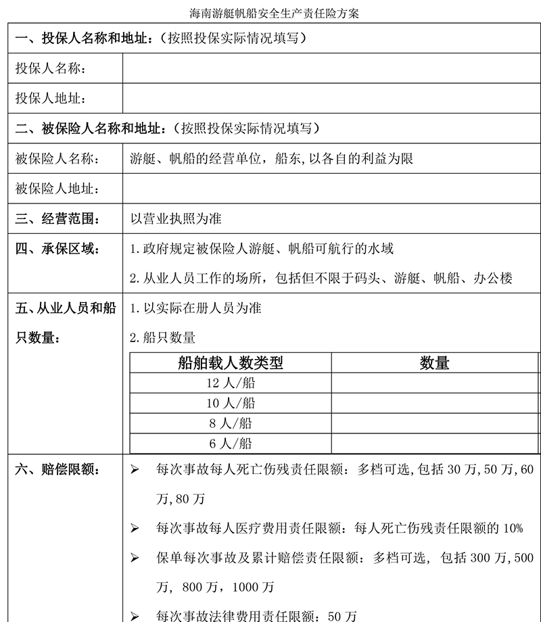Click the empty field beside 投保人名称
point(331,69)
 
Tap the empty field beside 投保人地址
point(331,99)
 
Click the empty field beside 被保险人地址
point(331,189)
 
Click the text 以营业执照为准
point(176,219)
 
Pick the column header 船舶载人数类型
point(231,363)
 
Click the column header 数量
point(434,363)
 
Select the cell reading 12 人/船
point(231,383)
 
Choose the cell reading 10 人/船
point(231,404)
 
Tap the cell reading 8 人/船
point(231,423)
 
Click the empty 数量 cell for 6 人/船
point(434,444)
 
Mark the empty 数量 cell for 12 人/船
point(434,383)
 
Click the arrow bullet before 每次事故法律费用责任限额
point(135,616)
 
